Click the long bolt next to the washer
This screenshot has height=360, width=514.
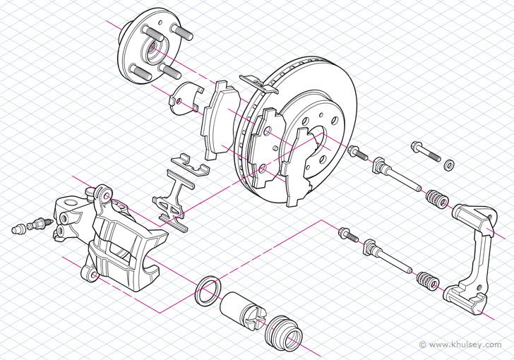pos(424,151)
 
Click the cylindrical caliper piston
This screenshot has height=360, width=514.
pos(242,311)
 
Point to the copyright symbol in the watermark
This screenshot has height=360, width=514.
pos(422,344)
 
